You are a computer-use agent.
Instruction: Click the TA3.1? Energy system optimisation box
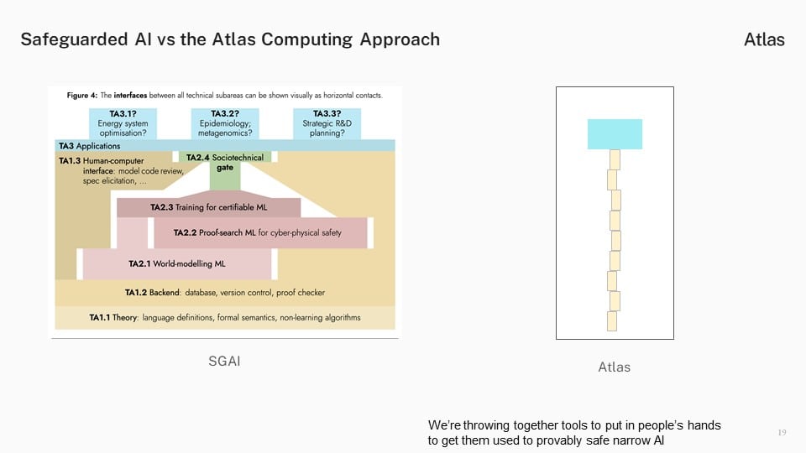point(123,123)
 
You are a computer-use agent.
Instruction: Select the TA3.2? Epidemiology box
point(225,123)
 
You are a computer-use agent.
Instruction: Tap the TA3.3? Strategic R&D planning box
point(327,123)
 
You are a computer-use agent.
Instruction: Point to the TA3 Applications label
point(90,146)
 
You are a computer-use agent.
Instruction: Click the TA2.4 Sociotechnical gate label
point(225,162)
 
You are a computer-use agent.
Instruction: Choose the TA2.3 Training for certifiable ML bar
point(209,207)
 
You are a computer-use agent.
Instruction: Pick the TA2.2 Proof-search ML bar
point(260,232)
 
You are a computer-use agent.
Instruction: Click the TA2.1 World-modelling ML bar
point(177,264)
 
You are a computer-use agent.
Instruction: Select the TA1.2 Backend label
point(225,292)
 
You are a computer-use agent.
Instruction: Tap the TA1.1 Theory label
point(225,317)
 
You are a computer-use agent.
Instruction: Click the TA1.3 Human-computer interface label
point(121,170)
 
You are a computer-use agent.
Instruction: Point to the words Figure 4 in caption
point(81,95)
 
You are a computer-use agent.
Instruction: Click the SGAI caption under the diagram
point(225,361)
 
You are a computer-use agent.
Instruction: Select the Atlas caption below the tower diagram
point(615,367)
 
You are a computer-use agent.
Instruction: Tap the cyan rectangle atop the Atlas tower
point(615,134)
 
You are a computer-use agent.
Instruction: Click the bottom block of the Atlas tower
point(612,321)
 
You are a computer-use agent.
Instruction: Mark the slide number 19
point(782,433)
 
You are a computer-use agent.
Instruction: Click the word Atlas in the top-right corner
point(764,39)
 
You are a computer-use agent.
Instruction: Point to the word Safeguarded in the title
point(74,39)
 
